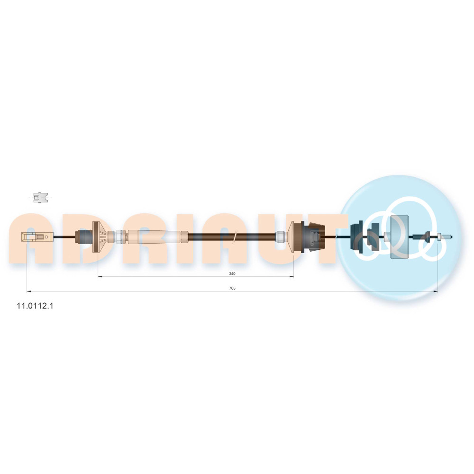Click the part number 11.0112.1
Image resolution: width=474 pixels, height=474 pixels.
[35, 306]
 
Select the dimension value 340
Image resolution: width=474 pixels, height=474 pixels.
[232, 273]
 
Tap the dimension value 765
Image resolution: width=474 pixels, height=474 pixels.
[232, 288]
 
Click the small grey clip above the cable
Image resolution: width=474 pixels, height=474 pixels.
[40, 197]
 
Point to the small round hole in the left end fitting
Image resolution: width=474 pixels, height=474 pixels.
[46, 237]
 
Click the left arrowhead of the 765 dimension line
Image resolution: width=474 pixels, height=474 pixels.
[29, 292]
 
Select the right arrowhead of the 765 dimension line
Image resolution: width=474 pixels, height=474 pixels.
[436, 292]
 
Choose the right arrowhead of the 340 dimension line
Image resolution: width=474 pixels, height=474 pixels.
[292, 276]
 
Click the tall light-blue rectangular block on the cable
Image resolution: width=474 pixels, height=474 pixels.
[399, 237]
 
